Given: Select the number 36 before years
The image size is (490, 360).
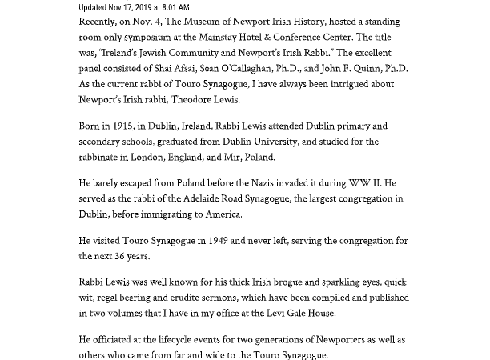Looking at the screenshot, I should (x=127, y=256).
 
